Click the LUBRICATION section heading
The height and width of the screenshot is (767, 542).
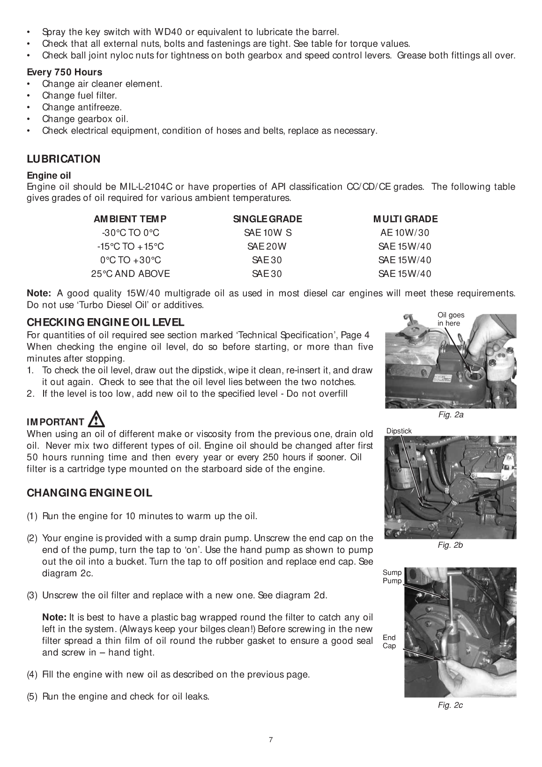64,159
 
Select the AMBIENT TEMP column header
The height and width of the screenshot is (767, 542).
130,219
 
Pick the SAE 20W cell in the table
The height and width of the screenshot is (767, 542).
267,246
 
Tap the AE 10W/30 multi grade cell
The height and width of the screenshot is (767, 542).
404,233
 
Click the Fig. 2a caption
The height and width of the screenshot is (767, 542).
451,415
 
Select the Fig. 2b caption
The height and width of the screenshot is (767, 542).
450,545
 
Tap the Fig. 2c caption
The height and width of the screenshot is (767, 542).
450,705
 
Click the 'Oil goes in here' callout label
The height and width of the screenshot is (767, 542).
450,319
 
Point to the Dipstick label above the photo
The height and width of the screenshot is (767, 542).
399,431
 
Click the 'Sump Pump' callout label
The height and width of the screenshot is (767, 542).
392,577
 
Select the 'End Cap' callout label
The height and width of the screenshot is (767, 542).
389,641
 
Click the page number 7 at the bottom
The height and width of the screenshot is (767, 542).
271,740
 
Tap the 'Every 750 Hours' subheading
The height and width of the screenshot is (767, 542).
64,72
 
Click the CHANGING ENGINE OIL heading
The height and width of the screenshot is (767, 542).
89,493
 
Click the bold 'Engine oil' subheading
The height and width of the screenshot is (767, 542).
49,176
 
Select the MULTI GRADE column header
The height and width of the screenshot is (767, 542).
405,219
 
